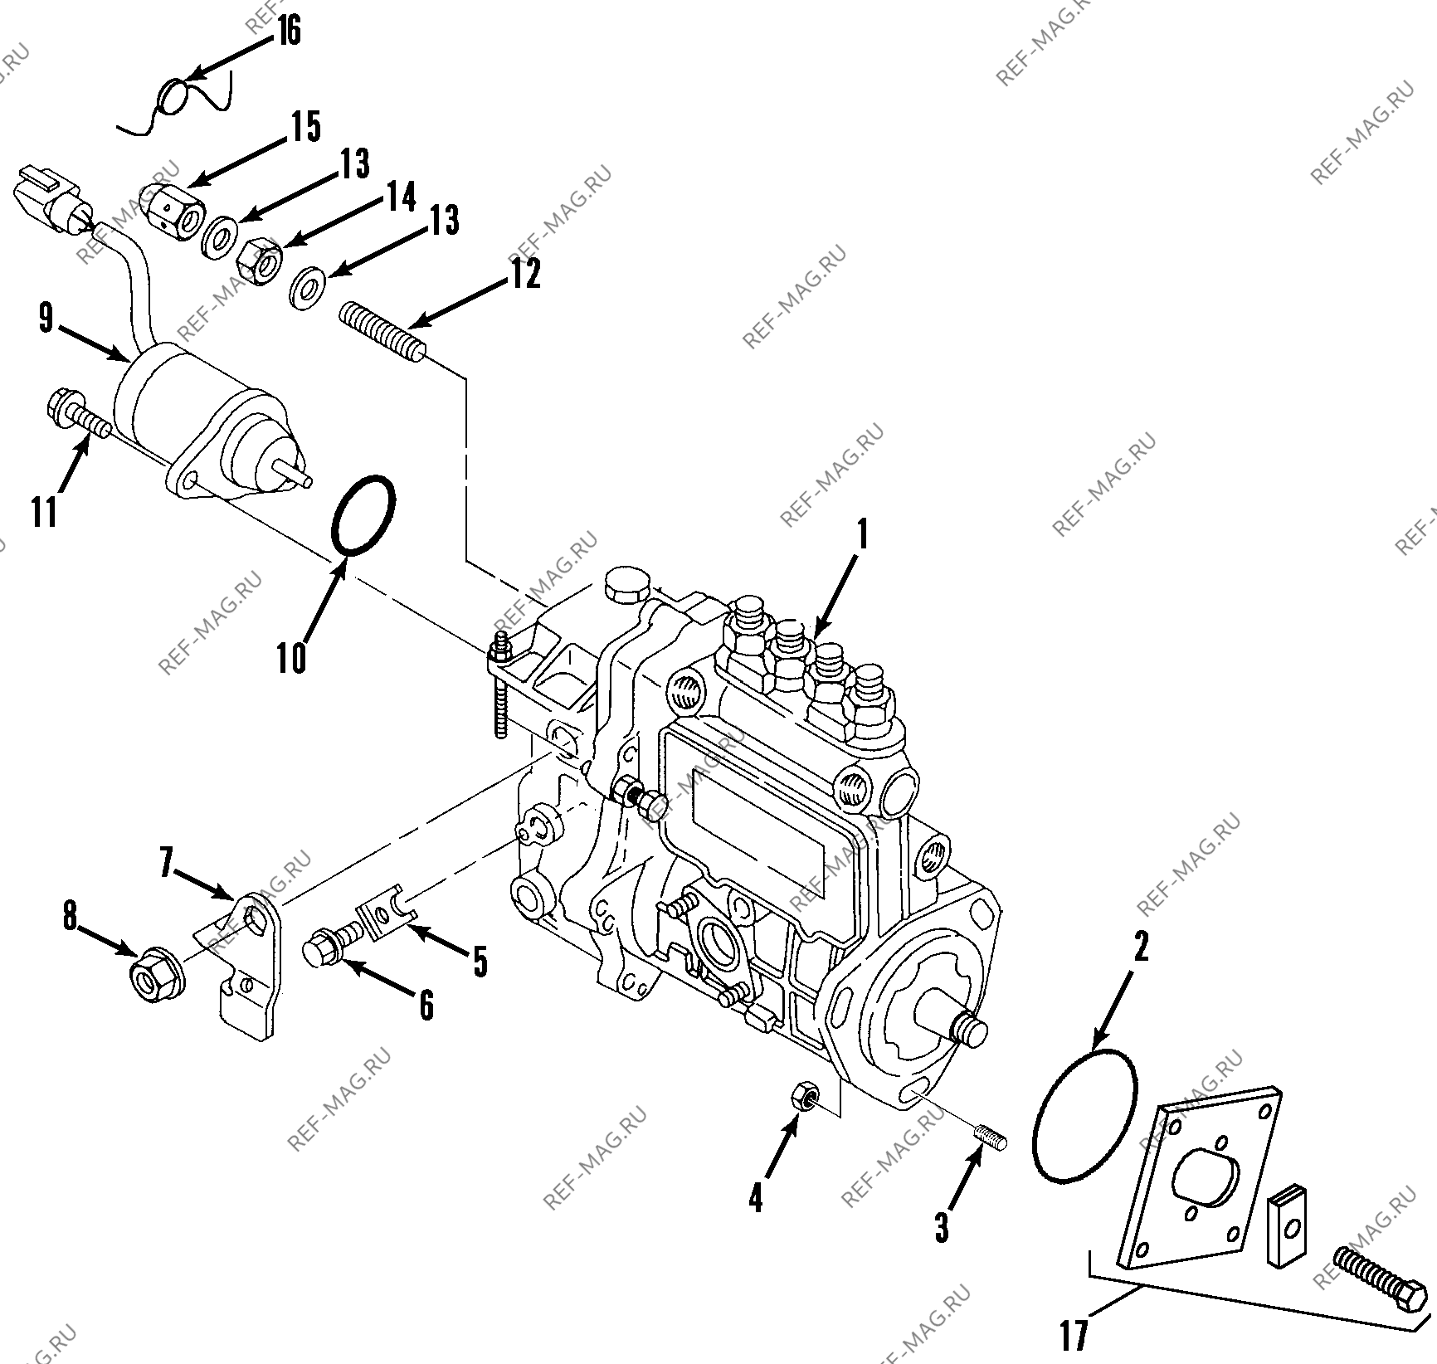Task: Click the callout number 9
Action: pos(46,318)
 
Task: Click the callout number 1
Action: pos(863,535)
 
